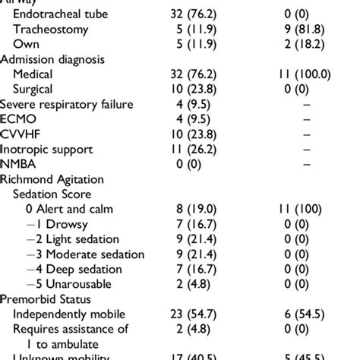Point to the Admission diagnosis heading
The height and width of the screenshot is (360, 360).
pos(53,58)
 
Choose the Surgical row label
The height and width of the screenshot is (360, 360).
pos(37,89)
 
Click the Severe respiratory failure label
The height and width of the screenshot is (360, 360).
pos(67,104)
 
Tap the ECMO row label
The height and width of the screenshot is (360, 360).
pos(19,119)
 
